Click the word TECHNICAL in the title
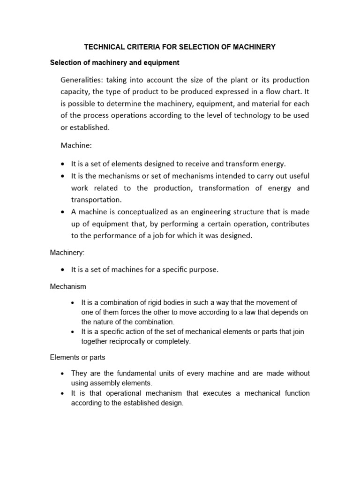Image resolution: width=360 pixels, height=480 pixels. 102,47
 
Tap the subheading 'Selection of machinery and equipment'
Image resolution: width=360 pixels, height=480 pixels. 114,62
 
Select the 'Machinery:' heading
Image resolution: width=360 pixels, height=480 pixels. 67,253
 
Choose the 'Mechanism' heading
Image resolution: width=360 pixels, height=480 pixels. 68,286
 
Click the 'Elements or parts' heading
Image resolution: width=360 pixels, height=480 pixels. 77,357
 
